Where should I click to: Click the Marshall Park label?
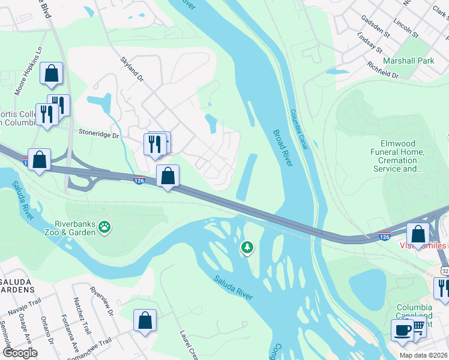point(409,61)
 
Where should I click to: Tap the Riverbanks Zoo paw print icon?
point(105,227)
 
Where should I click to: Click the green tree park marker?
point(247,247)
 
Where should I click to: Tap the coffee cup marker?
point(402,329)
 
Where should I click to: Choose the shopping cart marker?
point(418,327)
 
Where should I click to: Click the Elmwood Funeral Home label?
point(402,156)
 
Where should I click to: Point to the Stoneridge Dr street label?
point(99,135)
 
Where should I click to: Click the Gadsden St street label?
point(376,26)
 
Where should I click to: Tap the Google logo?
point(19,353)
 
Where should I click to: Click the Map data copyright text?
point(423,355)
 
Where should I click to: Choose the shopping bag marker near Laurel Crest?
point(145,320)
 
